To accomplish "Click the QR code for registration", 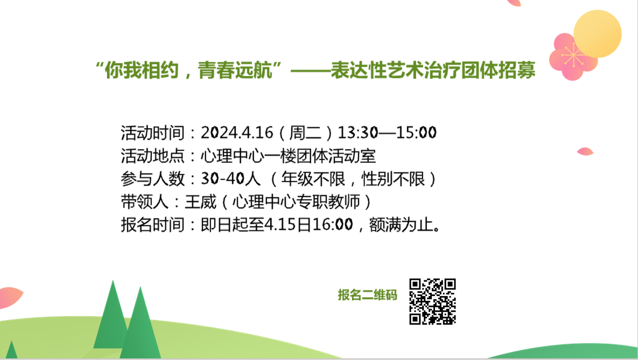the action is point(432,301).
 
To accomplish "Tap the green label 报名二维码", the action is point(367,295).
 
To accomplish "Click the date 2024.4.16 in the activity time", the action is point(237,132).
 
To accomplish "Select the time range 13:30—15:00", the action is point(387,132).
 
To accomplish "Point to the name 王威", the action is point(201,202).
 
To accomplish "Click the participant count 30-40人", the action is point(231,179).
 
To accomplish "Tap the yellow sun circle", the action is point(597,34).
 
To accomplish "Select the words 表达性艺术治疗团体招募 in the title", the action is point(433,70).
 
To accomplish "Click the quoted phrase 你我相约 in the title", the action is point(142,70).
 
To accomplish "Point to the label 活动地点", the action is point(152,156).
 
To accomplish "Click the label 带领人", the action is point(144,202).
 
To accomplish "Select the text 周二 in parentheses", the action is point(305,132).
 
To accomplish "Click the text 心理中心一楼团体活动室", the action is point(288,156).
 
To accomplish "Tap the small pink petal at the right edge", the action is point(585,151).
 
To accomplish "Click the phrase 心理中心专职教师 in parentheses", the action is point(296,202).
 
